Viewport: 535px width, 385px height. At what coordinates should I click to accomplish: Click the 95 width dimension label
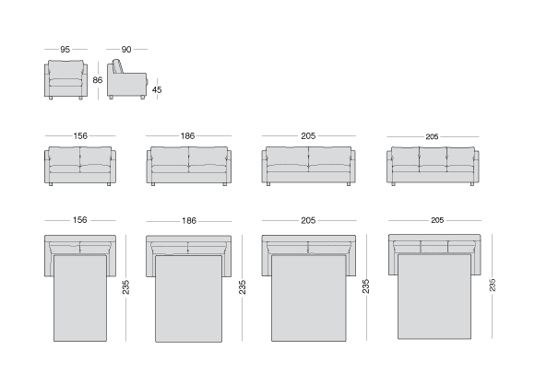tap(65, 50)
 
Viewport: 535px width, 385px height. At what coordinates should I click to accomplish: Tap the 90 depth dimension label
tap(126, 50)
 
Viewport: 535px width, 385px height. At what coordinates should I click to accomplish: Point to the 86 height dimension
tap(98, 80)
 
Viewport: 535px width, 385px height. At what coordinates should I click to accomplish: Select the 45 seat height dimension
tap(157, 90)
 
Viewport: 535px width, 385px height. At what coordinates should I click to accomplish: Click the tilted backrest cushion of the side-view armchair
tap(118, 66)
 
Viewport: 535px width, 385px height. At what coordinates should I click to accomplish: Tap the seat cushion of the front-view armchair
tap(65, 83)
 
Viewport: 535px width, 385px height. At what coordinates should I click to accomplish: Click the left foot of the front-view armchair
tap(51, 99)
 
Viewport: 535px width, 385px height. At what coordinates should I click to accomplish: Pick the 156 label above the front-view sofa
tap(80, 136)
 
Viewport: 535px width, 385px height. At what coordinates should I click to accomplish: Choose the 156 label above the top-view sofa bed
tap(80, 220)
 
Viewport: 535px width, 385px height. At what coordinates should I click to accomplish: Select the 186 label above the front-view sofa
tap(187, 136)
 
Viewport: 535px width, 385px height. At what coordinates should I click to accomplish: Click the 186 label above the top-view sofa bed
tap(189, 221)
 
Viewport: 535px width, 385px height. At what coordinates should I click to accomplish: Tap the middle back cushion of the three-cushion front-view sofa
tap(433, 157)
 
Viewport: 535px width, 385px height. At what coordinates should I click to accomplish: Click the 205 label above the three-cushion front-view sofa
tap(432, 136)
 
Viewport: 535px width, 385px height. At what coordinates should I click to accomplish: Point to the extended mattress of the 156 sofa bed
tap(80, 298)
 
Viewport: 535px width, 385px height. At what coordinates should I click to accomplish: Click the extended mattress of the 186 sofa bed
tap(189, 298)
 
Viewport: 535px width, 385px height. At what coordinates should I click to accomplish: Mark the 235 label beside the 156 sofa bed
tap(125, 287)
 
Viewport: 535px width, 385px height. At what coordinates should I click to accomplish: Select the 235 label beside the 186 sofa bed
tap(243, 287)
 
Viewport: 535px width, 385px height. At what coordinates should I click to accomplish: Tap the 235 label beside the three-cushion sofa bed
tap(493, 285)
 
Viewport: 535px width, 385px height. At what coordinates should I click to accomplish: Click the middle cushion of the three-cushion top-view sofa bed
tap(434, 246)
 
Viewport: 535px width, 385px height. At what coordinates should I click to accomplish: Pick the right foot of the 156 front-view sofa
tap(109, 184)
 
